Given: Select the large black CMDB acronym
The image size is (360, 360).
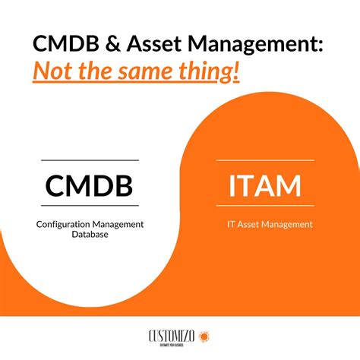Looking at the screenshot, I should coord(89,184).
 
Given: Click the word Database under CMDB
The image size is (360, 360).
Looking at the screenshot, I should coord(90,235).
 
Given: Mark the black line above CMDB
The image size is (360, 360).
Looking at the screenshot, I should coord(90,160).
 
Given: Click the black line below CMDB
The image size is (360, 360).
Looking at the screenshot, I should coord(90,206).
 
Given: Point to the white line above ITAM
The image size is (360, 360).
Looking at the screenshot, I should coord(265,160).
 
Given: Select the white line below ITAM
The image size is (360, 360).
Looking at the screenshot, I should coord(265,205).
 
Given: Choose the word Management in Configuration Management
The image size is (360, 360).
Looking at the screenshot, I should coord(117,224).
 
